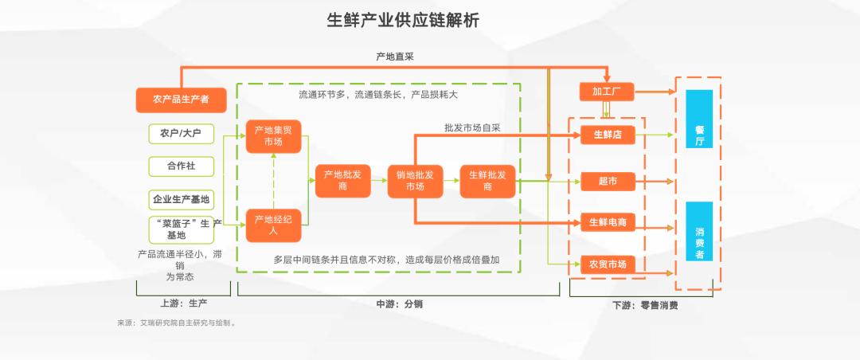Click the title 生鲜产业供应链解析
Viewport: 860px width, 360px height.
pos(403,21)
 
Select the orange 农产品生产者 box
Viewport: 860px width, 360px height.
pos(182,100)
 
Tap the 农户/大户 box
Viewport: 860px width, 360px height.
pos(181,133)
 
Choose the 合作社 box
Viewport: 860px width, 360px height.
pos(181,166)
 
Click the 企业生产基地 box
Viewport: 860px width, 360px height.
pos(181,198)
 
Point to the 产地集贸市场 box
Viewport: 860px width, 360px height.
pos(273,136)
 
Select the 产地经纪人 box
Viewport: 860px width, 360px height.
pos(273,225)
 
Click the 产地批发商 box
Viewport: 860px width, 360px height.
pos(343,181)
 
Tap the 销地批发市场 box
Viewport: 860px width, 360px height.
pos(415,181)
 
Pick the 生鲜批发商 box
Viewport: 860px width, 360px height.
pos(487,181)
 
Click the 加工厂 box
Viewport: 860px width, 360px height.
pos(607,92)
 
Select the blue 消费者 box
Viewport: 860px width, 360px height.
pos(699,232)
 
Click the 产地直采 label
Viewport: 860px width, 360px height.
pos(395,57)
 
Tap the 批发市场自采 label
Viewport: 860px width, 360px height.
pos(472,127)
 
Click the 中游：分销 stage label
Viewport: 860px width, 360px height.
pos(399,303)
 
